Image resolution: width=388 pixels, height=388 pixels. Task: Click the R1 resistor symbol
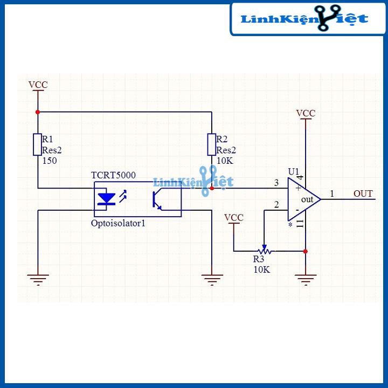click(x=37, y=144)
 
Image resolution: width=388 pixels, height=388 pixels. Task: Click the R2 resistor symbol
click(x=212, y=144)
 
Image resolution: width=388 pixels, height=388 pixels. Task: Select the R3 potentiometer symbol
click(x=264, y=251)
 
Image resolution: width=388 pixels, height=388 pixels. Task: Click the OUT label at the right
click(x=363, y=193)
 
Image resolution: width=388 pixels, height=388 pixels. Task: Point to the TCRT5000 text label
click(x=113, y=176)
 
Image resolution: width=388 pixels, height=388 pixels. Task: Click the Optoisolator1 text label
click(x=119, y=222)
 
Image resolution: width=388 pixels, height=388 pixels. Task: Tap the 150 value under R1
click(x=49, y=161)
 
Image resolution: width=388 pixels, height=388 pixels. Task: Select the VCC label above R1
click(x=38, y=85)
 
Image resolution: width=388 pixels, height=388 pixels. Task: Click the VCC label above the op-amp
click(x=306, y=113)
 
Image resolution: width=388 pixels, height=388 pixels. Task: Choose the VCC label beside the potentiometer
click(x=234, y=217)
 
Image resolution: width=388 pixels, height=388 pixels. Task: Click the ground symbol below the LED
click(x=37, y=279)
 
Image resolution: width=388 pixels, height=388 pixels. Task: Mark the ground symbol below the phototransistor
click(x=212, y=279)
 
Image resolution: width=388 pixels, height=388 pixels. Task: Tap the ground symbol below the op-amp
click(x=306, y=279)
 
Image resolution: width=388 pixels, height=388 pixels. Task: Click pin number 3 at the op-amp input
click(x=276, y=183)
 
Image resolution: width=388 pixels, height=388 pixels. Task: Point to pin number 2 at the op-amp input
click(x=276, y=205)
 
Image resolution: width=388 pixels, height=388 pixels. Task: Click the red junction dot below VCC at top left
click(x=37, y=112)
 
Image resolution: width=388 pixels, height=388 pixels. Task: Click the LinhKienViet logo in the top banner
click(x=304, y=19)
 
